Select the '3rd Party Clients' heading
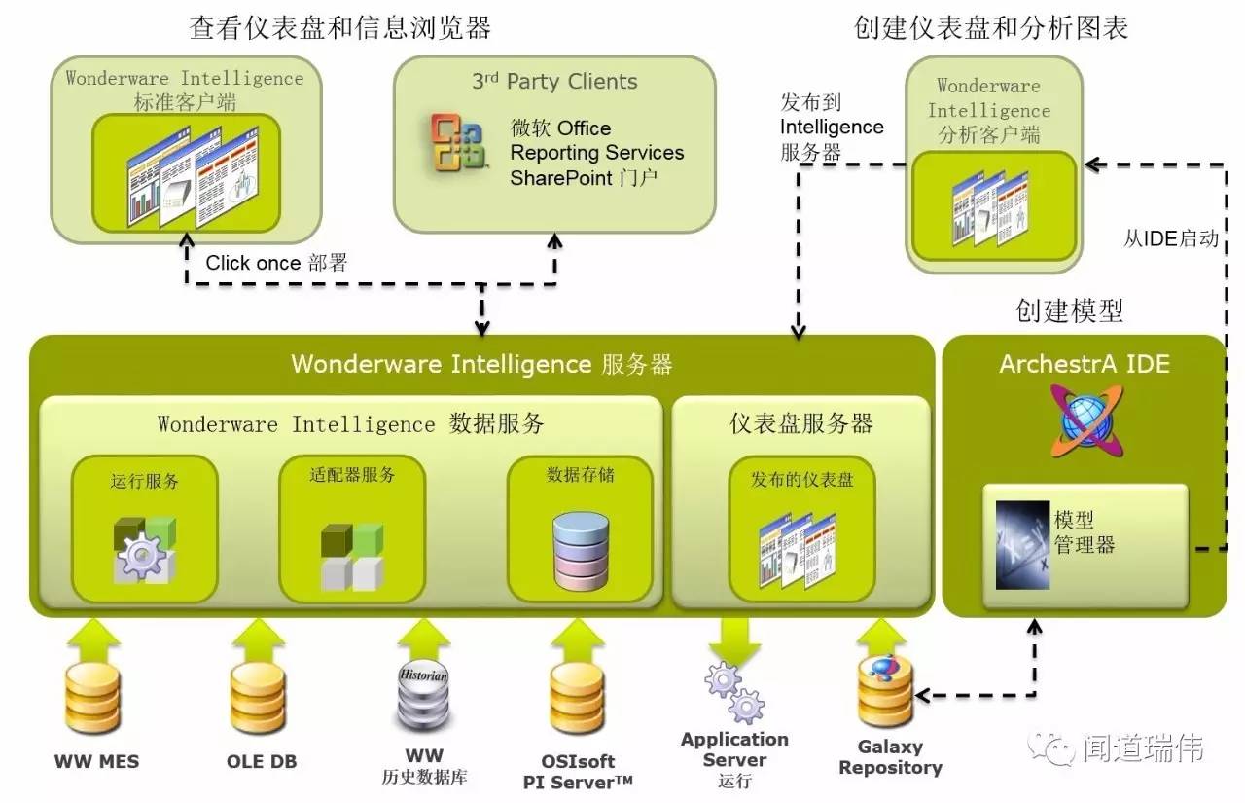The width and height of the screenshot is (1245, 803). click(554, 82)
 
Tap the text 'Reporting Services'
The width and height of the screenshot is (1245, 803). click(596, 153)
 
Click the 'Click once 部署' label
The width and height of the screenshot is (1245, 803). click(276, 263)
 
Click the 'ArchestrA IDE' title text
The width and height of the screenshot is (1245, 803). click(1085, 364)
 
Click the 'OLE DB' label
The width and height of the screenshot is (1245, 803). click(263, 761)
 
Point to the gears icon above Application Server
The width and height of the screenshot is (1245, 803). click(734, 691)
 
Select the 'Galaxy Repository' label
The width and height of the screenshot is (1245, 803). click(890, 757)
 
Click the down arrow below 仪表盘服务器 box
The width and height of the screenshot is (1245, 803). click(734, 640)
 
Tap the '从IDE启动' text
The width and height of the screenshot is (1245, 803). click(1170, 238)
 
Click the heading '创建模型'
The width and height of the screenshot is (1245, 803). click(1069, 310)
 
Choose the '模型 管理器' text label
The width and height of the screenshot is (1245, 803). click(1084, 530)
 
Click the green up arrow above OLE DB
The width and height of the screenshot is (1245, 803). click(258, 639)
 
